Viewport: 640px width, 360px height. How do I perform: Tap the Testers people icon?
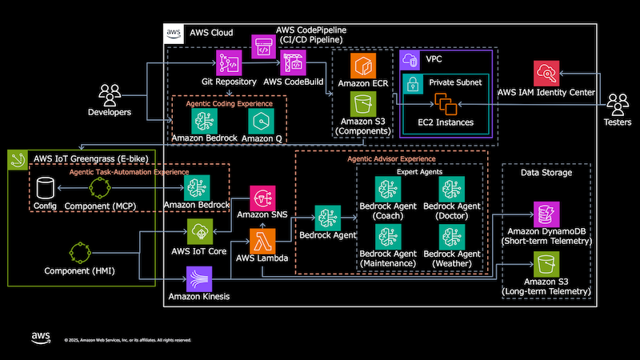[618, 104]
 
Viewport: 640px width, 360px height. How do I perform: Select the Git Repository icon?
[229, 63]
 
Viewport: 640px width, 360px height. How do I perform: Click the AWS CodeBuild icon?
[294, 63]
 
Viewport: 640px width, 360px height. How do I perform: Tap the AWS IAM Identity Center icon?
[546, 73]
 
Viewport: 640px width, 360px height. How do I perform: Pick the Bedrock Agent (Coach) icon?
[387, 190]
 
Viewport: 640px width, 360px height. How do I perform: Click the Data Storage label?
[546, 172]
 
